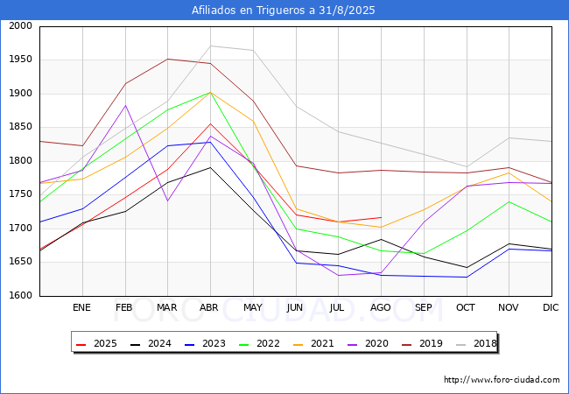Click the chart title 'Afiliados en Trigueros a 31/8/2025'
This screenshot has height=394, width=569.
click(284, 11)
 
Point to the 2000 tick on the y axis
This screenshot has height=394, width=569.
click(19, 26)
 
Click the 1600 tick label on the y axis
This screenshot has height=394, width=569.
click(19, 296)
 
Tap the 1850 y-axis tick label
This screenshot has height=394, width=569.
click(19, 128)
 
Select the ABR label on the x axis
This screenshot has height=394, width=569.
click(210, 307)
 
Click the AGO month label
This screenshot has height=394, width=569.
click(381, 307)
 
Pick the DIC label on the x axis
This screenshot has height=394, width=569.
click(551, 307)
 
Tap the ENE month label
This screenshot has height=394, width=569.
click(81, 307)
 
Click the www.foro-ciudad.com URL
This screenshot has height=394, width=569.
click(502, 380)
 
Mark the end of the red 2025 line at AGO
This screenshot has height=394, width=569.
click(381, 217)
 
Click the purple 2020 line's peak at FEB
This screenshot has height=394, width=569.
click(125, 105)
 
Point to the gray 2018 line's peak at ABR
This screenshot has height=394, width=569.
click(210, 46)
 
